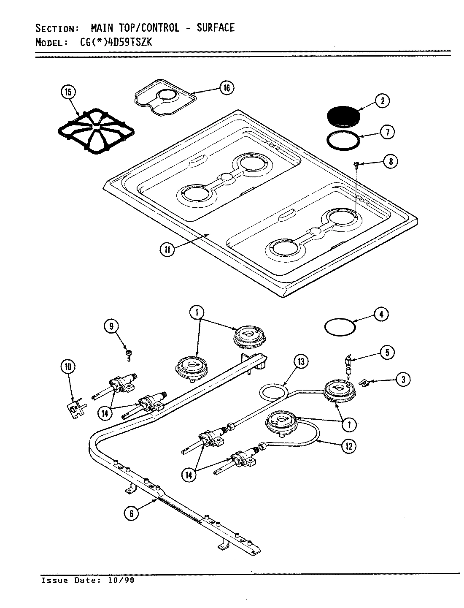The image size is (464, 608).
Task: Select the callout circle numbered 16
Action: pos(227,88)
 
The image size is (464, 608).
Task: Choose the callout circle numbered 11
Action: pos(167,249)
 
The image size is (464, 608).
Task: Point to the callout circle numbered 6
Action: pos(132,513)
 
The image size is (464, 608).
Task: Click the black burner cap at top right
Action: pos(344,115)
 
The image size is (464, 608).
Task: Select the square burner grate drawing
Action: pos(96,130)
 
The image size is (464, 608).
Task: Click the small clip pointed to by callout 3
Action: pos(364,383)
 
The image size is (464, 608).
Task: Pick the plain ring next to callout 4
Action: pos(340,327)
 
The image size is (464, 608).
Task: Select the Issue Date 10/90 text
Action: pos(88,580)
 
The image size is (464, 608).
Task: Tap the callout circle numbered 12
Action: pos(348,446)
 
